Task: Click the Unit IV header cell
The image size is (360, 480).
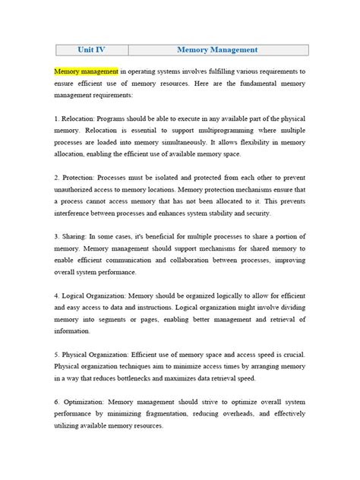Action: pos(91,50)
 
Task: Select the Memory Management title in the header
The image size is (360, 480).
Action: pos(218,50)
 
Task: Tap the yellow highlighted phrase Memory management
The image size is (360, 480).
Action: pos(87,71)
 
